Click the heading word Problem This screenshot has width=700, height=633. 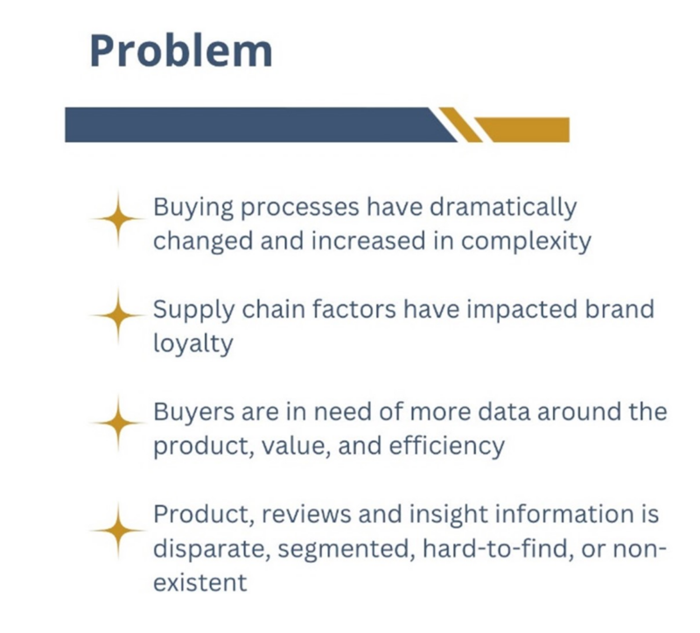180,52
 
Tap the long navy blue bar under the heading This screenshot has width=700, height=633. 254,124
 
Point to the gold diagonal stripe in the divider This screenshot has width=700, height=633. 460,124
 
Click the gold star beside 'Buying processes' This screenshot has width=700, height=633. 114,223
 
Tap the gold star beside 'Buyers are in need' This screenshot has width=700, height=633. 114,423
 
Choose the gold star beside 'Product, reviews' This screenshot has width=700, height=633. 114,530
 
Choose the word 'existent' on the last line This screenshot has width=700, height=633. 200,580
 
